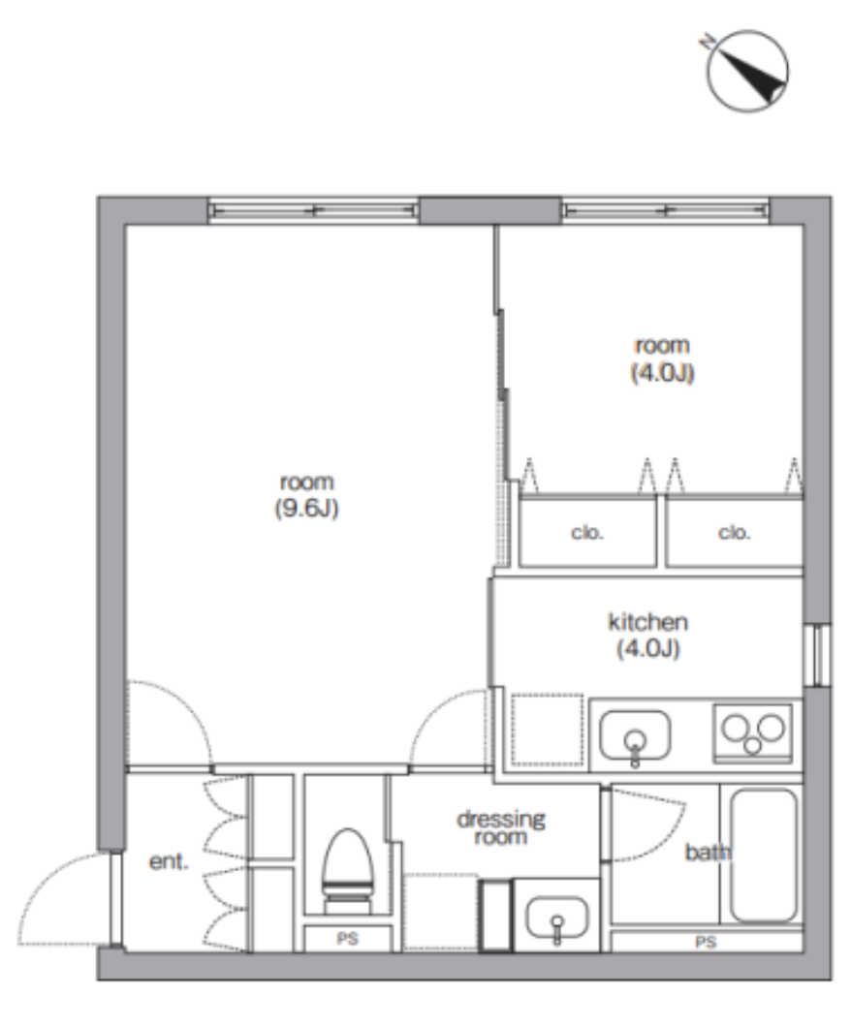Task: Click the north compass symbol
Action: (x=747, y=71)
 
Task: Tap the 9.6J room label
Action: (x=306, y=496)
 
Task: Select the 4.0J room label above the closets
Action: (x=662, y=358)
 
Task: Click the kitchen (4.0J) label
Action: (x=647, y=635)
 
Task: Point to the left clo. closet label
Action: (x=587, y=533)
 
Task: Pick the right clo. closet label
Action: (x=734, y=533)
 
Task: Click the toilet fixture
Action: (x=347, y=871)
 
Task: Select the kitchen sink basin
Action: (x=635, y=734)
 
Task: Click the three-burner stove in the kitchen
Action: (x=752, y=732)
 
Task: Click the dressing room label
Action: (x=501, y=827)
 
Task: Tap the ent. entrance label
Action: (x=169, y=861)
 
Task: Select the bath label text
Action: (x=708, y=853)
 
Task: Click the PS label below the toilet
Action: (x=347, y=939)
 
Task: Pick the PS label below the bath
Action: (x=705, y=942)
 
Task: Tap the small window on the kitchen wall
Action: (x=818, y=656)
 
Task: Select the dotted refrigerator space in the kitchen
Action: (x=547, y=729)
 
